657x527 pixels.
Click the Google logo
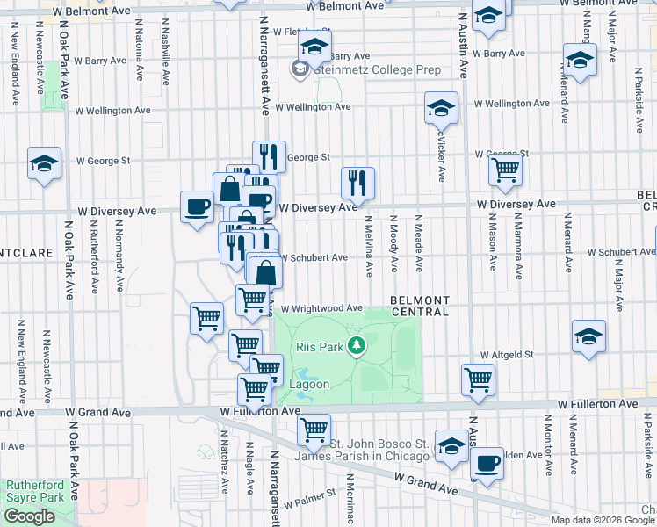pyautogui.click(x=29, y=516)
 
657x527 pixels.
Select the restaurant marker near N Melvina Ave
pyautogui.click(x=357, y=184)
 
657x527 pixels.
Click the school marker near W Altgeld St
pyautogui.click(x=588, y=336)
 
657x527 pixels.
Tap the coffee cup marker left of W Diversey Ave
pyautogui.click(x=197, y=207)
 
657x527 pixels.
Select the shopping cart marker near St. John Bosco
pyautogui.click(x=314, y=430)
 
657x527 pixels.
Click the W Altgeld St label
pyautogui.click(x=507, y=355)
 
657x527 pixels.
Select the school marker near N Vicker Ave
pyautogui.click(x=441, y=108)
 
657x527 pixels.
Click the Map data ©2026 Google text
pyautogui.click(x=603, y=519)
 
